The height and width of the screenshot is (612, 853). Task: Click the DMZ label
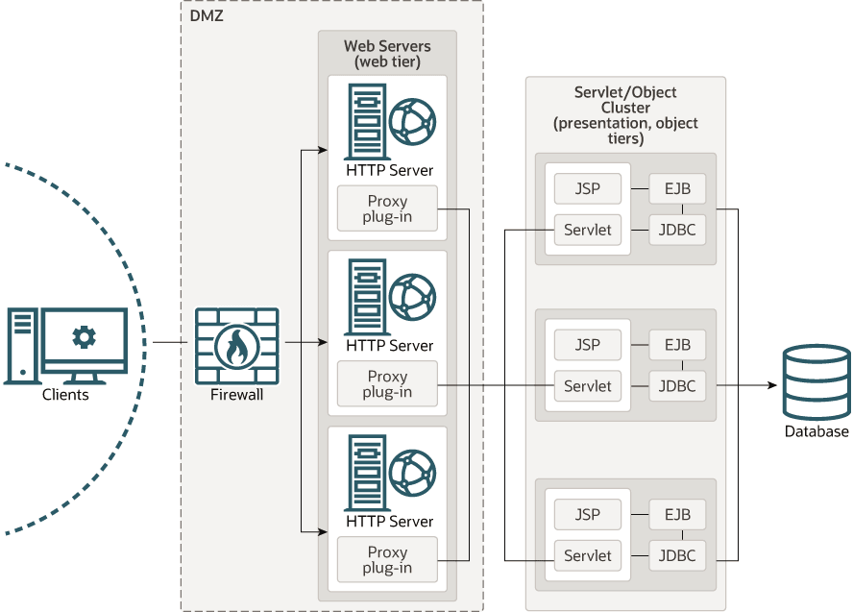[207, 15]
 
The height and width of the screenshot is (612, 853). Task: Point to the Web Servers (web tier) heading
[387, 54]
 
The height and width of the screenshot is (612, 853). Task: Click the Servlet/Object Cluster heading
[625, 115]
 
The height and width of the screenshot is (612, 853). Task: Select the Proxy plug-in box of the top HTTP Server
[387, 208]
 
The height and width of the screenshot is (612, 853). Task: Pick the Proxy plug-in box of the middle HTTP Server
[387, 384]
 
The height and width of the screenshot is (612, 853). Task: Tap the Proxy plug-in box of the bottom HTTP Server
[387, 560]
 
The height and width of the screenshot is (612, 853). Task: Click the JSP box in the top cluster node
[588, 188]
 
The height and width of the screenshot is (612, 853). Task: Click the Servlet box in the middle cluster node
[588, 386]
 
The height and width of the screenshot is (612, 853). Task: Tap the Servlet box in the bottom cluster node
[588, 555]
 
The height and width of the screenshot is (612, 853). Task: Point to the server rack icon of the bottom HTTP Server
[364, 473]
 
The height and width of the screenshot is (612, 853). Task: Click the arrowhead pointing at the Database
[770, 386]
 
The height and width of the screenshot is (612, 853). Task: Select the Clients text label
[65, 395]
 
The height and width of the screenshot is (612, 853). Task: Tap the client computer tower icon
[21, 344]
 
